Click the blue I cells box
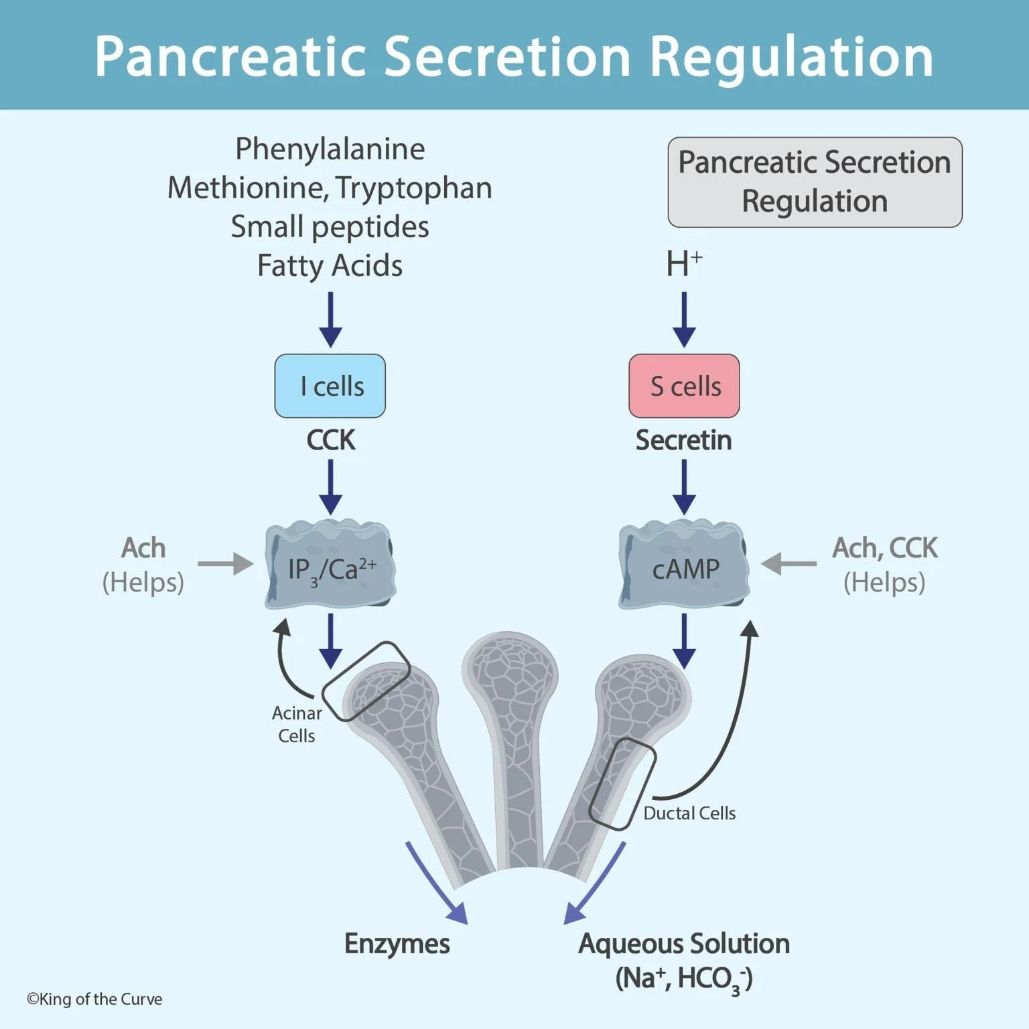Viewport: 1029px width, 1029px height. coord(330,386)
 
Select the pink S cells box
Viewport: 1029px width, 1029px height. coord(684,386)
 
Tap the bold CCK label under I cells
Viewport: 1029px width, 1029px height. coord(330,440)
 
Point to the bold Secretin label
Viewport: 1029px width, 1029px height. coord(683,440)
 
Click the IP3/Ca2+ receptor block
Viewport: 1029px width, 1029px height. coord(330,567)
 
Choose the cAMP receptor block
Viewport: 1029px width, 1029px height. coord(684,567)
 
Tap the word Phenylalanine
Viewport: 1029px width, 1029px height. coord(330,149)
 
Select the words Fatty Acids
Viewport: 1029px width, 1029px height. coord(330,265)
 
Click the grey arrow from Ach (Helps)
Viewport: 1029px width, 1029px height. coord(225,563)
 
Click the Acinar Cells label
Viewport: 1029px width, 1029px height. coord(297,724)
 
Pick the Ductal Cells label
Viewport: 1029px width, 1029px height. coord(689,813)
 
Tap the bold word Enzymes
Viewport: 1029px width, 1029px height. coord(397,943)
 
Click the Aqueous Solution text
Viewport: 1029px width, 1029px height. coord(684,943)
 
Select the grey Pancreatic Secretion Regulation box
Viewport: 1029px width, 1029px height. coord(815,182)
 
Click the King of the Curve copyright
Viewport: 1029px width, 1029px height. coord(94,999)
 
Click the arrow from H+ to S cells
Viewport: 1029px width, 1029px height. coord(684,319)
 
